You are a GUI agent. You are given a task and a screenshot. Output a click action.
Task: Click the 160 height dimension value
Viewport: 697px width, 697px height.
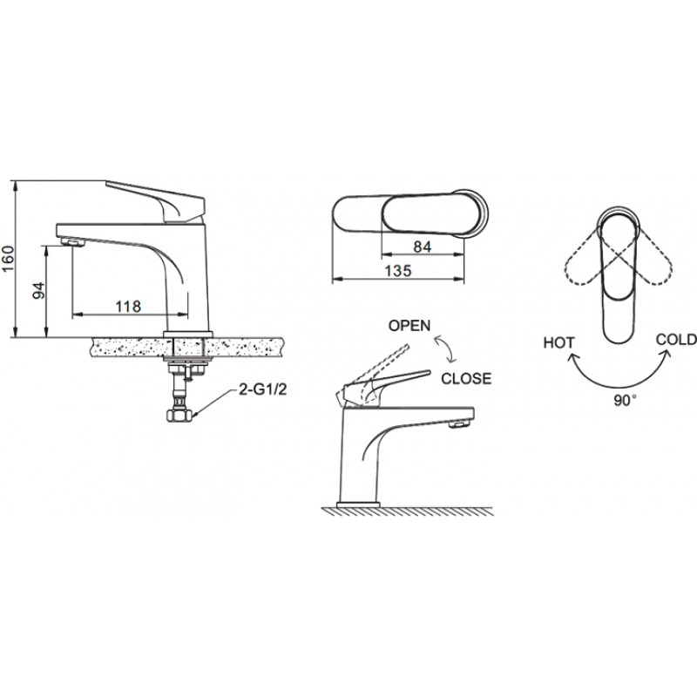click(x=9, y=259)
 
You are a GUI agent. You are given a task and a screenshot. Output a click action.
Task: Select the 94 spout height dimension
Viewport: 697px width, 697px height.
click(x=39, y=290)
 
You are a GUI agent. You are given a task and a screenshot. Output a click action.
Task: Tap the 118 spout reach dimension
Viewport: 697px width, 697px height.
click(x=128, y=307)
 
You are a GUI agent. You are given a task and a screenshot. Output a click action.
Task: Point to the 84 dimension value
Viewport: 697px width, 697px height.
click(x=422, y=247)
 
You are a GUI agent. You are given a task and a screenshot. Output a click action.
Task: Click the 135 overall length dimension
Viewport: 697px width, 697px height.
click(x=398, y=271)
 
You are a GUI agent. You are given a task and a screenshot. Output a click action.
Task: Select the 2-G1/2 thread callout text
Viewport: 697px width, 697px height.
click(x=263, y=389)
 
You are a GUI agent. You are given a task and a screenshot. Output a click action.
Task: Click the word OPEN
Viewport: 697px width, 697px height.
click(x=409, y=326)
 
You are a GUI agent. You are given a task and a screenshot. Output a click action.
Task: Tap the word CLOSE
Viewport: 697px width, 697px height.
click(x=466, y=379)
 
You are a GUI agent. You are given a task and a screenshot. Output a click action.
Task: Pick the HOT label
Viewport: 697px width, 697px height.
click(x=558, y=343)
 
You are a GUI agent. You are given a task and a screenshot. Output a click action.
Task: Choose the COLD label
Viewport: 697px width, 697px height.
click(x=676, y=340)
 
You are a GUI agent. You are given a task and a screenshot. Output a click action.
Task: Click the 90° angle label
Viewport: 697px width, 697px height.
click(x=625, y=401)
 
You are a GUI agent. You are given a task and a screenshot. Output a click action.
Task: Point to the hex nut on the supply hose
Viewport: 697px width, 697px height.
click(x=179, y=416)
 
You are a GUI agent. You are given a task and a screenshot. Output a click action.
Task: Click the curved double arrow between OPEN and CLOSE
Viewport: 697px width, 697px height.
click(x=445, y=350)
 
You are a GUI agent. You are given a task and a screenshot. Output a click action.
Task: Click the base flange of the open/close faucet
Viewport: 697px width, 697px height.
click(x=359, y=504)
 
